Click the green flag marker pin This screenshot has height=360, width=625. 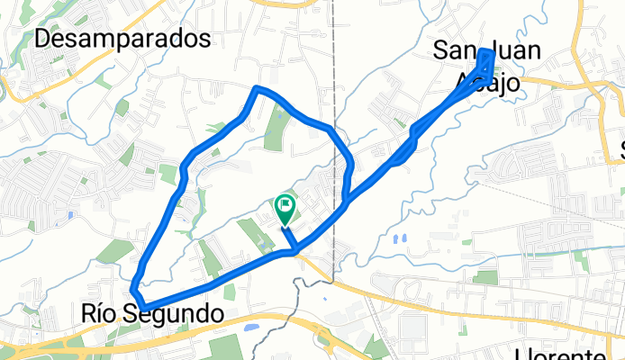tap(285, 207)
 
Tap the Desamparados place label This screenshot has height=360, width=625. tap(124, 39)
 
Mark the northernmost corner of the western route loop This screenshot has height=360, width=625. tap(258, 88)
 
